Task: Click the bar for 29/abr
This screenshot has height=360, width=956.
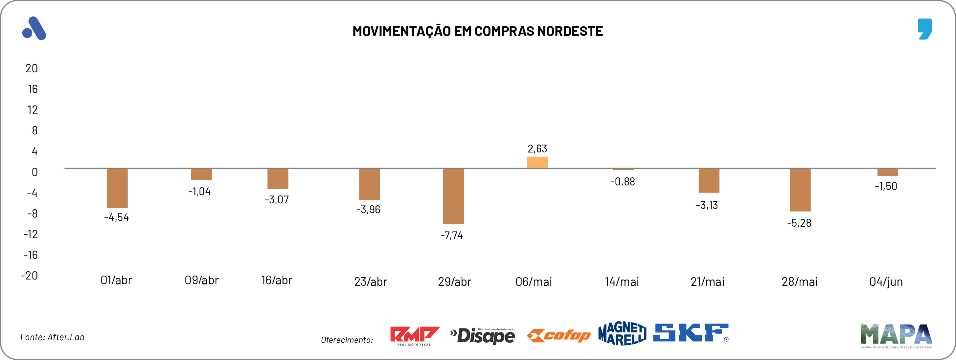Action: tap(453, 196)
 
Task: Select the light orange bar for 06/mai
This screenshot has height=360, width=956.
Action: tap(537, 163)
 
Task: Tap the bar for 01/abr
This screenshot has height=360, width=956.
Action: tap(117, 188)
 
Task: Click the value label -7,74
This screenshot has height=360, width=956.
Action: tap(452, 235)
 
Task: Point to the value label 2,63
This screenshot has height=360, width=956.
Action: tap(537, 149)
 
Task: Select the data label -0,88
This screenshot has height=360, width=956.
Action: tap(622, 182)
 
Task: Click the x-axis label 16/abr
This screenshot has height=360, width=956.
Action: tap(277, 280)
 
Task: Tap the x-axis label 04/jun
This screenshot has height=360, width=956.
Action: tap(885, 282)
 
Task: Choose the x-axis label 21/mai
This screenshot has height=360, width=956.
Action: tap(707, 282)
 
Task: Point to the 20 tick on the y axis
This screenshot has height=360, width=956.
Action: tap(32, 68)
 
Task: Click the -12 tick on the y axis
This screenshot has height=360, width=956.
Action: tap(31, 234)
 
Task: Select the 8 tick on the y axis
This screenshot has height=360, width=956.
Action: tap(34, 131)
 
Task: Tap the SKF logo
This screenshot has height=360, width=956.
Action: tap(690, 333)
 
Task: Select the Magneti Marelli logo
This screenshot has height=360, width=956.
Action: tap(622, 333)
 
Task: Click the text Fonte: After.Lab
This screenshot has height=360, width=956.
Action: tap(52, 337)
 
